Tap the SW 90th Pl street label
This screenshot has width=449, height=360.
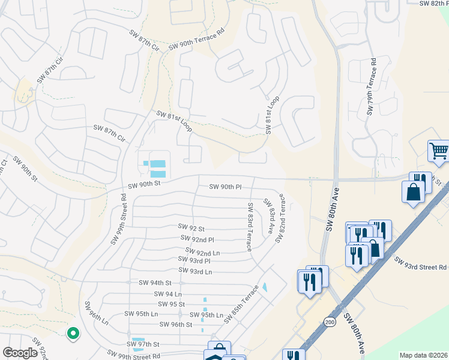[x=225, y=187]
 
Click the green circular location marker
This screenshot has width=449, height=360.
[x=73, y=332]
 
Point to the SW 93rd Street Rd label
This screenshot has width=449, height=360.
[x=421, y=262]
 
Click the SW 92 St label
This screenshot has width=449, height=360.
[x=191, y=228]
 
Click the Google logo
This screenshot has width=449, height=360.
[x=20, y=353]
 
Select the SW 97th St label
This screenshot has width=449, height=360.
[x=143, y=344]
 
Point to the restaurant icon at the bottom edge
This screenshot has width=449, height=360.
[x=294, y=356]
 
